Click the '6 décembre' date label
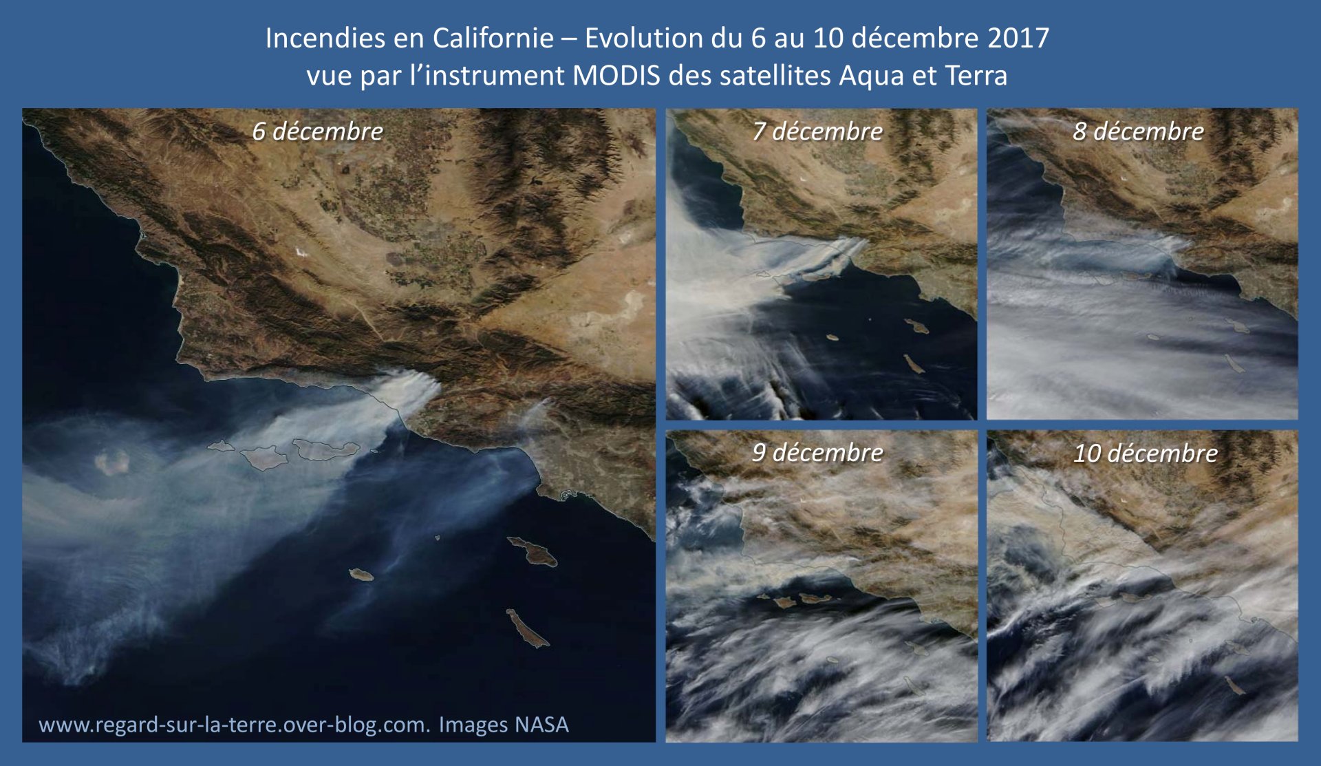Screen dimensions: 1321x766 coord(317,131)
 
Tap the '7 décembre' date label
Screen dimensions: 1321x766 coord(817,131)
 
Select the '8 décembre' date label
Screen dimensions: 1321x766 coord(1138,131)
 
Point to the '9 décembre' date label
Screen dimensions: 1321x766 coord(817,452)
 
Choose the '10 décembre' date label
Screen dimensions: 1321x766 coord(1146,453)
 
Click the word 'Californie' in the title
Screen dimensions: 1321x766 coord(493,38)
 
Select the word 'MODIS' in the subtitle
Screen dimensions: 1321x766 coord(616,75)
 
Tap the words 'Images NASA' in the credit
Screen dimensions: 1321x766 coord(504,725)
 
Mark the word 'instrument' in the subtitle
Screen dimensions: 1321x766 coord(495,75)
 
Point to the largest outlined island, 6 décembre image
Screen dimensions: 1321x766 coord(326,449)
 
